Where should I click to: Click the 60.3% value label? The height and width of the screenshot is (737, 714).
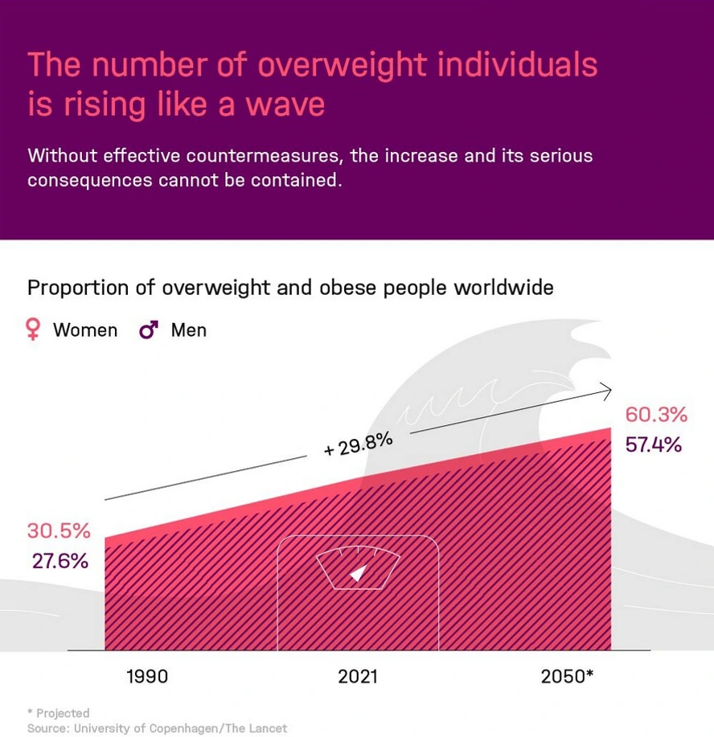(656, 415)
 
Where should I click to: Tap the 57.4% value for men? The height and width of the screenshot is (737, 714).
(653, 444)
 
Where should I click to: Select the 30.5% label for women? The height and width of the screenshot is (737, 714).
(59, 531)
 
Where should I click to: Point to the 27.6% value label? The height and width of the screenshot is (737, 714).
(60, 560)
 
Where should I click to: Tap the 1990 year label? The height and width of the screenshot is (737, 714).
(148, 676)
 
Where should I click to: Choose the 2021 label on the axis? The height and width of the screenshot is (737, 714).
(358, 676)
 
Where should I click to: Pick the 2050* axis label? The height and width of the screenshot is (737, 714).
(567, 676)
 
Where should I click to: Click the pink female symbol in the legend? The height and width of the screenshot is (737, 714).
(33, 330)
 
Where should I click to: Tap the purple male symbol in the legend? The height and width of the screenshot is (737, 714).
(149, 330)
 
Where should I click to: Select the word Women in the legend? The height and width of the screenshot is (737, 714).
(85, 330)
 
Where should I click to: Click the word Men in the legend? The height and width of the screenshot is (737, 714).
(188, 330)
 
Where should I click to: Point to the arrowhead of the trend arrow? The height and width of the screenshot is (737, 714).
(607, 391)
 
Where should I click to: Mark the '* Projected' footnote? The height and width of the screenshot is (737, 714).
(58, 713)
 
